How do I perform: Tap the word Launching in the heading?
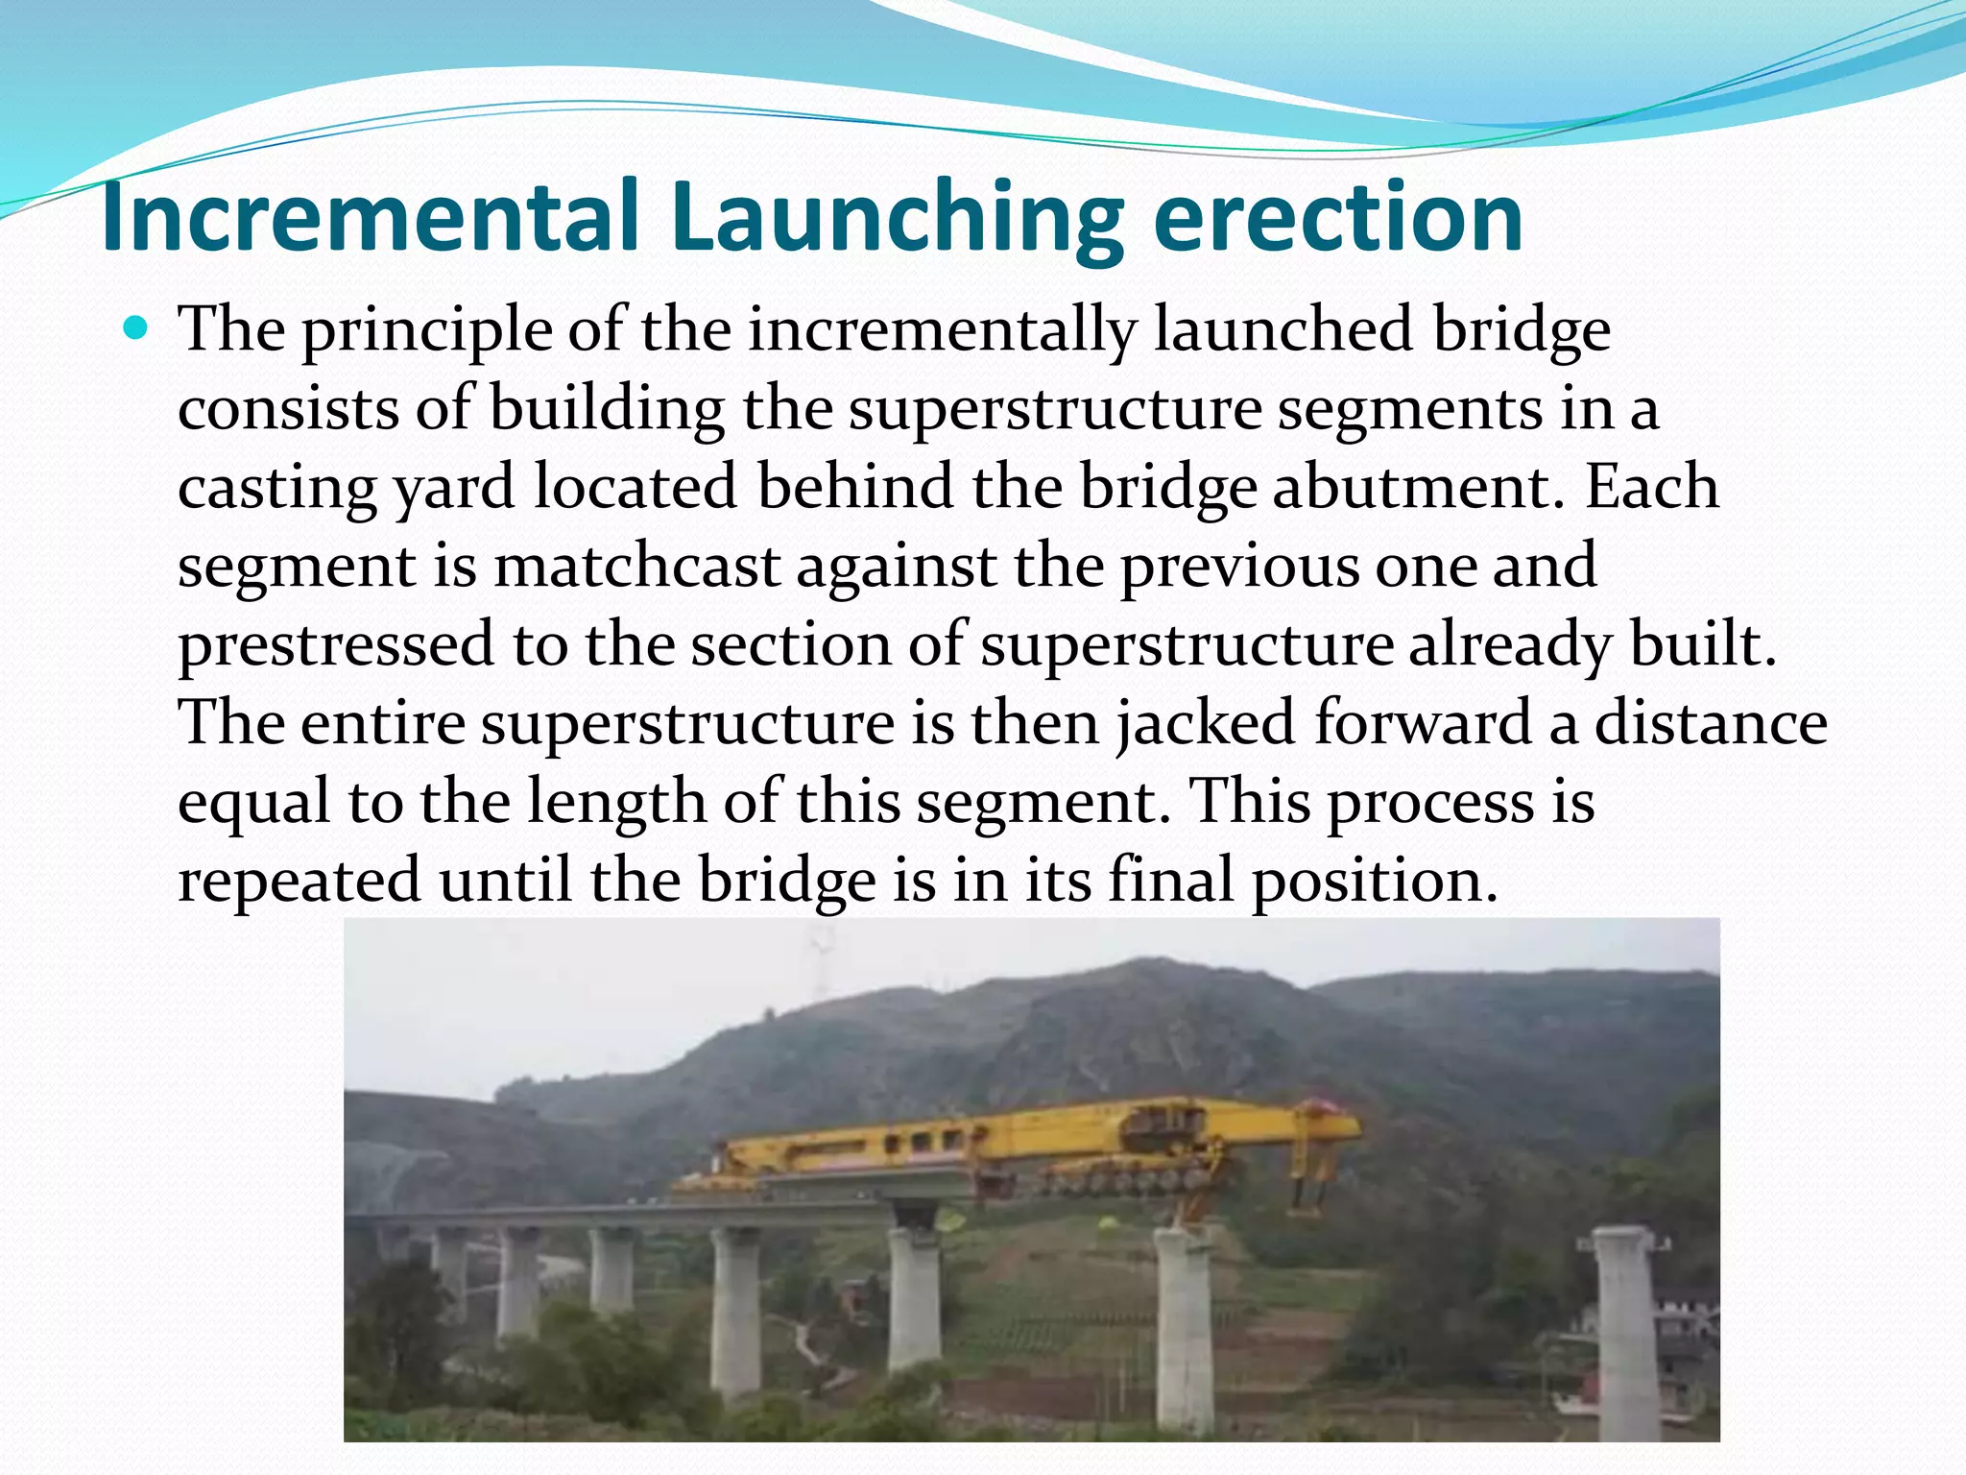898,219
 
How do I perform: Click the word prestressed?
336,645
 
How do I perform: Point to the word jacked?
1206,723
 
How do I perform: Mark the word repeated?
300,881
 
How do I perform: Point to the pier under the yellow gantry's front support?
1185,1316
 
